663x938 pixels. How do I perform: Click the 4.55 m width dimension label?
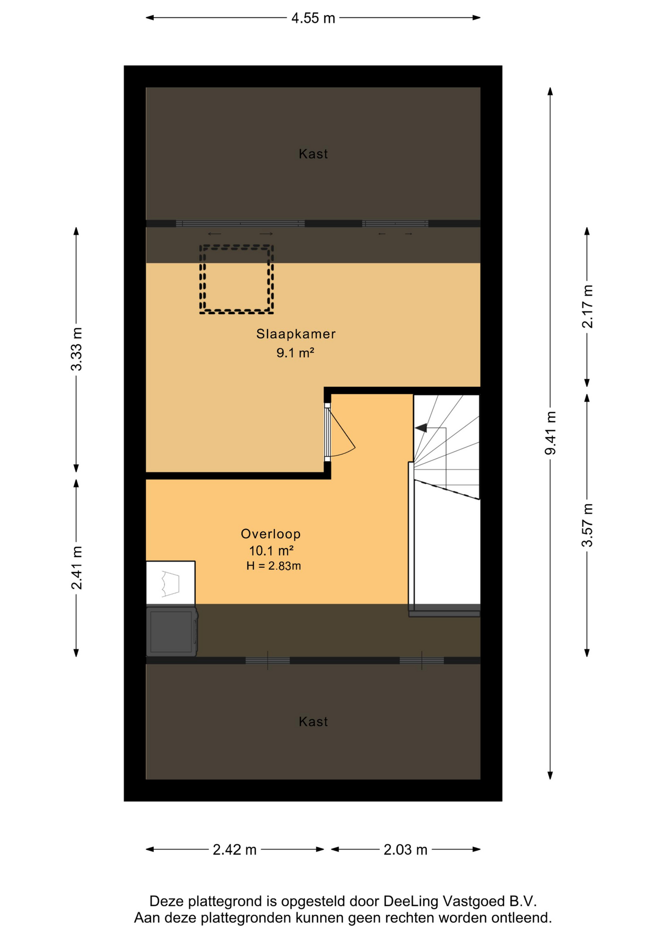[x=313, y=18]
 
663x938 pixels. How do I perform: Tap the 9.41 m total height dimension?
[x=550, y=433]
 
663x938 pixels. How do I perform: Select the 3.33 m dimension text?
[x=76, y=349]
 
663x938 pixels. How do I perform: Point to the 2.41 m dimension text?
[x=76, y=567]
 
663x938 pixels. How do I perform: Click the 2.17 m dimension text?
[x=587, y=306]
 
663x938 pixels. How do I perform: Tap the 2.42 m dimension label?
[x=234, y=850]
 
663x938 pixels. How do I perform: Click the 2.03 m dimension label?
[x=405, y=850]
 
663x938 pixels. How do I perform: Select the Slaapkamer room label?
[x=296, y=334]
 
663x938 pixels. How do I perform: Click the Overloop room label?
[x=270, y=534]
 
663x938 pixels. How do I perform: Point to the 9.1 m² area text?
[x=295, y=352]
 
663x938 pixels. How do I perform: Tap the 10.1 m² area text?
[x=271, y=551]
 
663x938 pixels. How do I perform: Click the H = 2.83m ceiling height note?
[x=273, y=566]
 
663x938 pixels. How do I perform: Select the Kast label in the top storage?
[x=313, y=154]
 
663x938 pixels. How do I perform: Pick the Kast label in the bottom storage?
[x=313, y=722]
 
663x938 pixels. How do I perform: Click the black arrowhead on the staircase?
[x=421, y=428]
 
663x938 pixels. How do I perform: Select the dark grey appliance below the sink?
[x=172, y=631]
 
